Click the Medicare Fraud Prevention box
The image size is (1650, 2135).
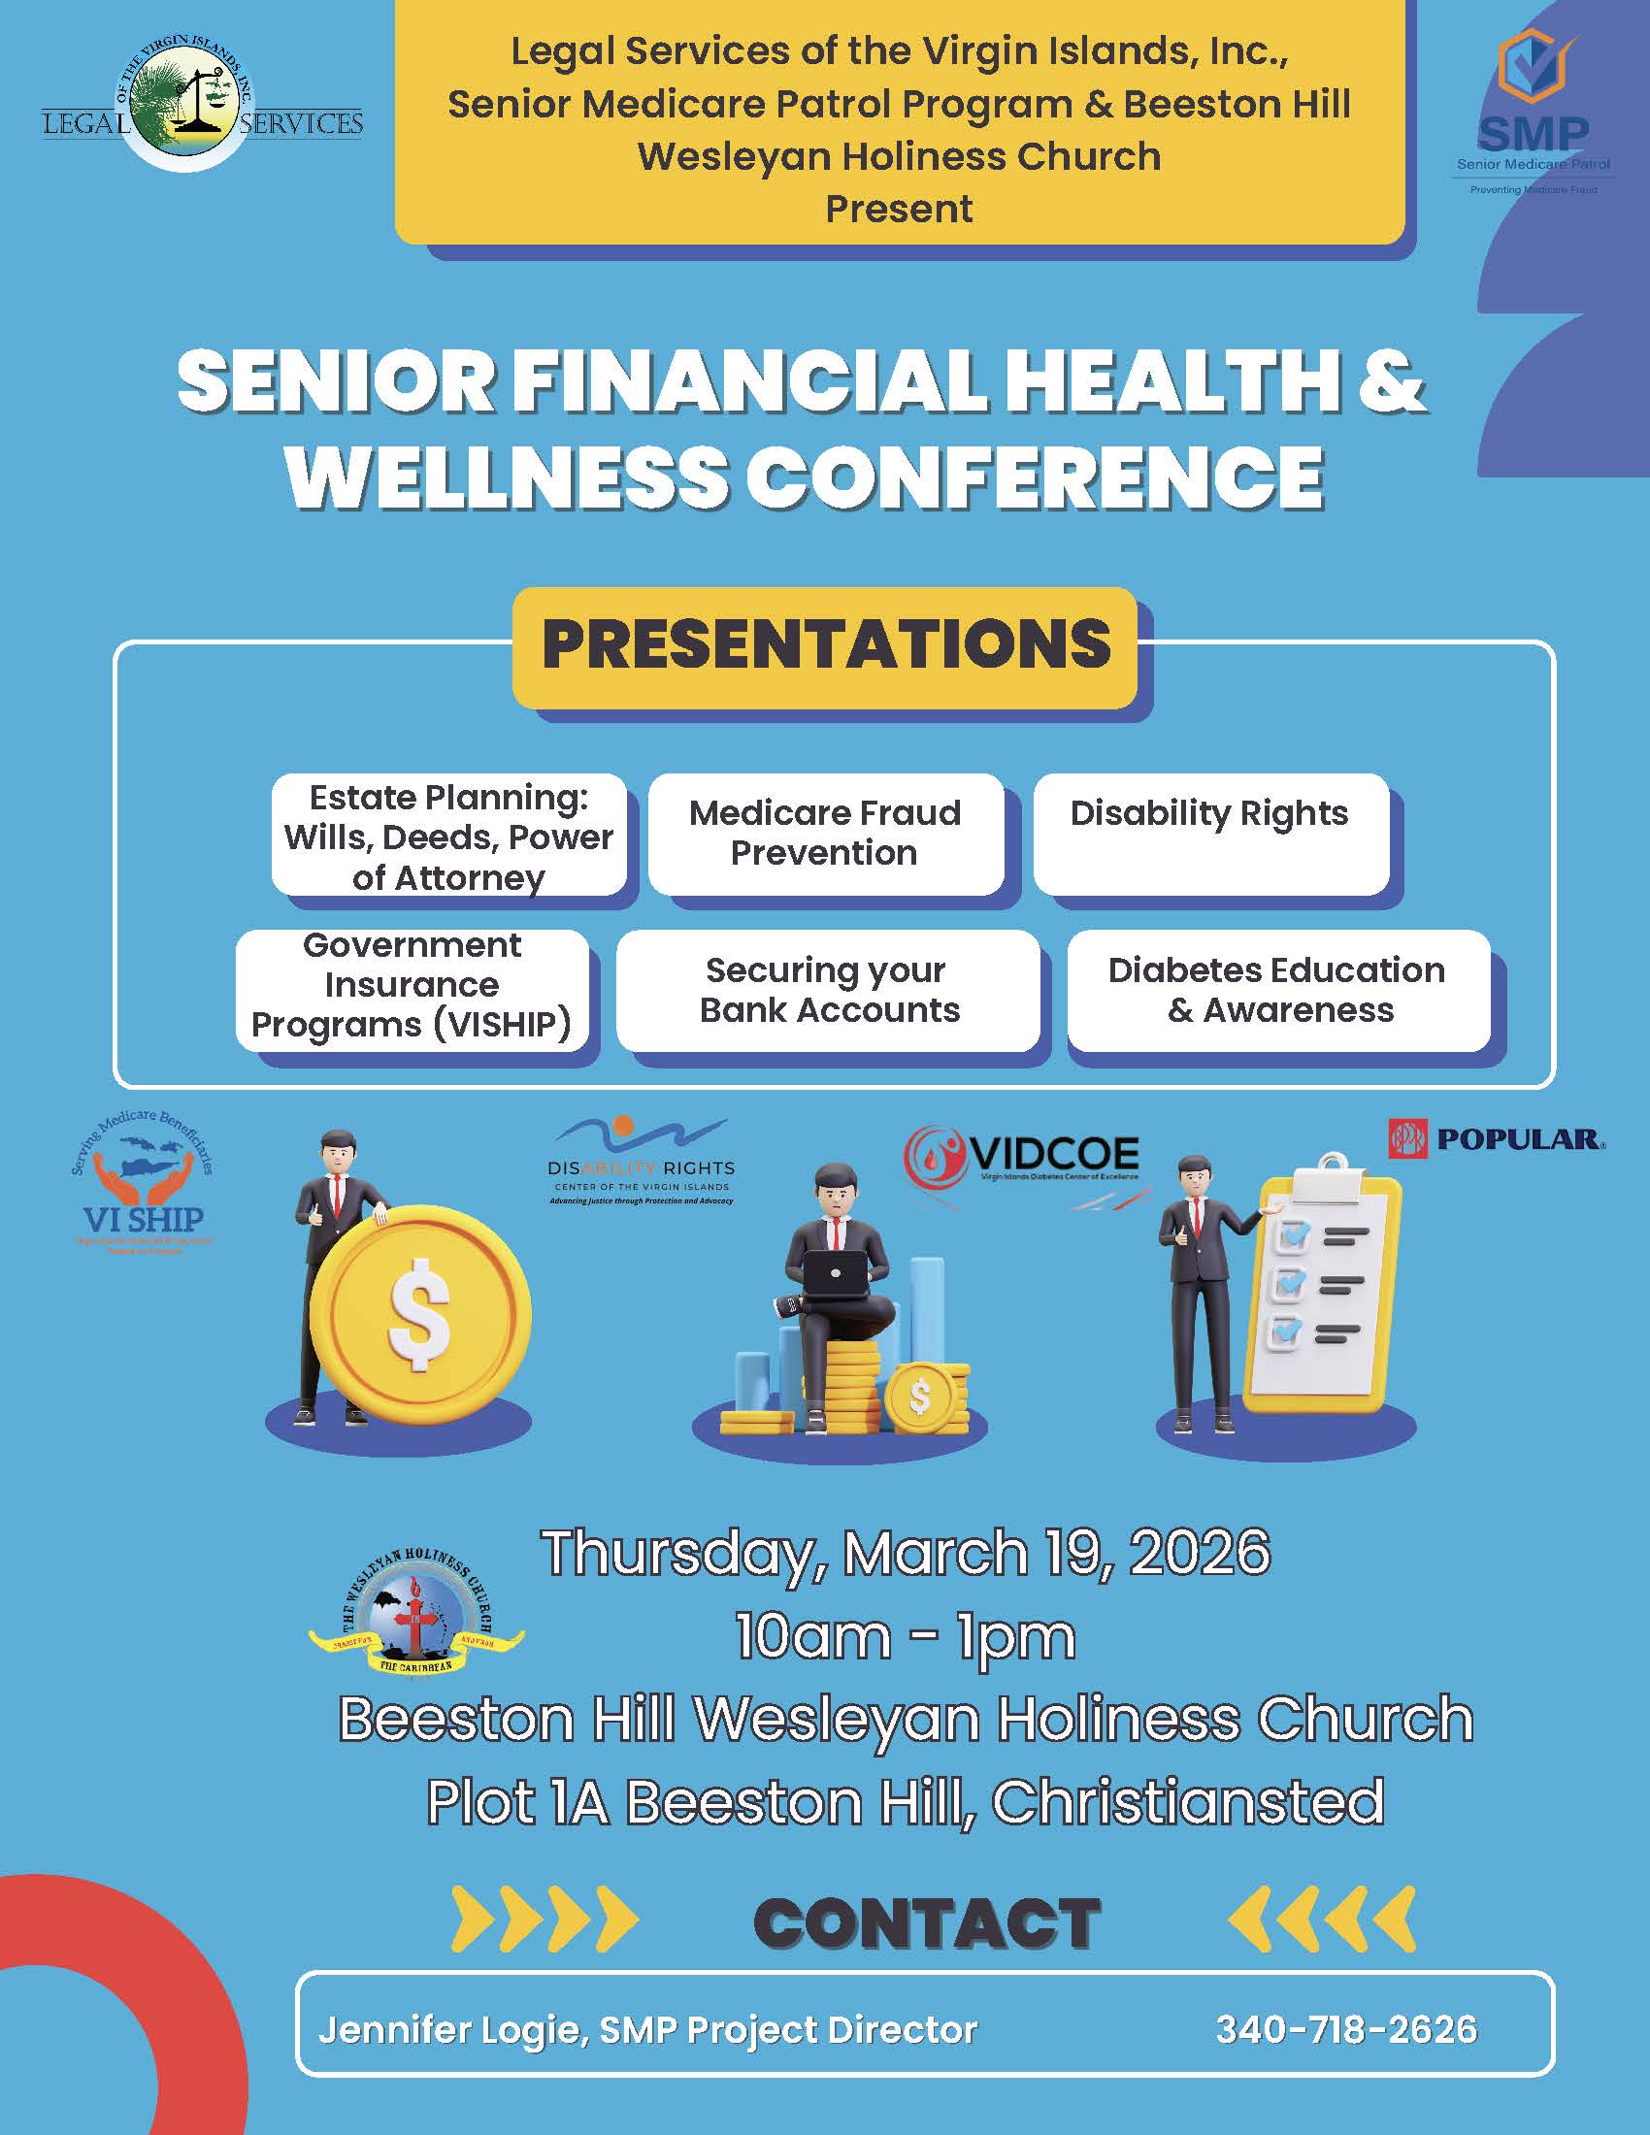pos(825,833)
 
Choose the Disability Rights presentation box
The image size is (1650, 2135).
pos(1209,833)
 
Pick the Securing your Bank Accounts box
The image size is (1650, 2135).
pos(829,989)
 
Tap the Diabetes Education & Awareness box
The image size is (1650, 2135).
pos(1277,989)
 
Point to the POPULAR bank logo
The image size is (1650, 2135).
pos(1496,1139)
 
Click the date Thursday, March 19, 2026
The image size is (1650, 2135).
pos(906,1552)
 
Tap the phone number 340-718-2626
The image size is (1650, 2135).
pos(1346,2029)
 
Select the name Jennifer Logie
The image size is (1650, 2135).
pos(448,2030)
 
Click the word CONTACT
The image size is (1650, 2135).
pos(927,1922)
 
